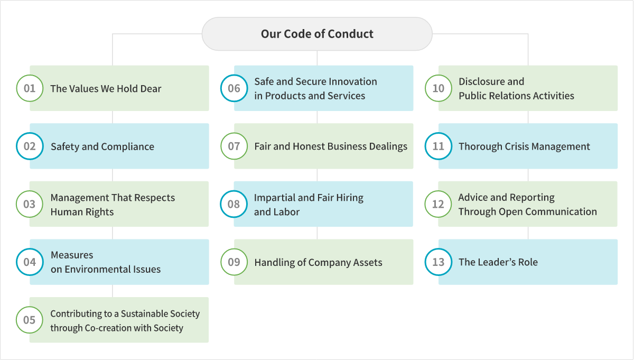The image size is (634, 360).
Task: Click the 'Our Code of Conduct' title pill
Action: [x=317, y=34]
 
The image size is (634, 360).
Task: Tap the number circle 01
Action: [x=30, y=88]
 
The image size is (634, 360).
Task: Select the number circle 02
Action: [x=30, y=146]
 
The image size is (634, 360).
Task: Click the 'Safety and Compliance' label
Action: [x=102, y=146]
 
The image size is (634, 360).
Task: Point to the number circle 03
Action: [x=30, y=204]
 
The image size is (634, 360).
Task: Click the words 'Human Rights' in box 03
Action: [x=82, y=212]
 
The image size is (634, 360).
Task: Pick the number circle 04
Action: [x=30, y=262]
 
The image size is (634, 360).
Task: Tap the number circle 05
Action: [x=30, y=320]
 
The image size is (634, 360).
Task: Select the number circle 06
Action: [x=234, y=88]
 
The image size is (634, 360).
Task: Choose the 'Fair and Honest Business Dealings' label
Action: [x=331, y=146]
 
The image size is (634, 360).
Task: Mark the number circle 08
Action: [x=234, y=204]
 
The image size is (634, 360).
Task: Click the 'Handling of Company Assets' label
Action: [x=318, y=262]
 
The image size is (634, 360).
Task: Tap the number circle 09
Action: [x=234, y=262]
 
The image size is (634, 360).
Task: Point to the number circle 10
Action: [x=439, y=88]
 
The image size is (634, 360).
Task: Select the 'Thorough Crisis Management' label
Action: [x=524, y=146]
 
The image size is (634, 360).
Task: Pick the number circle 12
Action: [x=439, y=204]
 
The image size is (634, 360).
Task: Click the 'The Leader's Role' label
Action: [x=498, y=262]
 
